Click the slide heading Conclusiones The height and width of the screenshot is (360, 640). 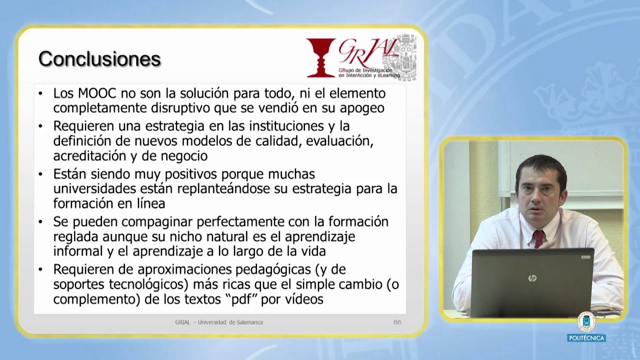pos(99,59)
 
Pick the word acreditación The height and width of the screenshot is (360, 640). pos(89,155)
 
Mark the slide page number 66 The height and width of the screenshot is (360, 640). pos(397,322)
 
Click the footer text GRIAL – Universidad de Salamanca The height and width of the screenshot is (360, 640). pos(215,322)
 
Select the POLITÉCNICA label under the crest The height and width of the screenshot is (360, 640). pos(586,338)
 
